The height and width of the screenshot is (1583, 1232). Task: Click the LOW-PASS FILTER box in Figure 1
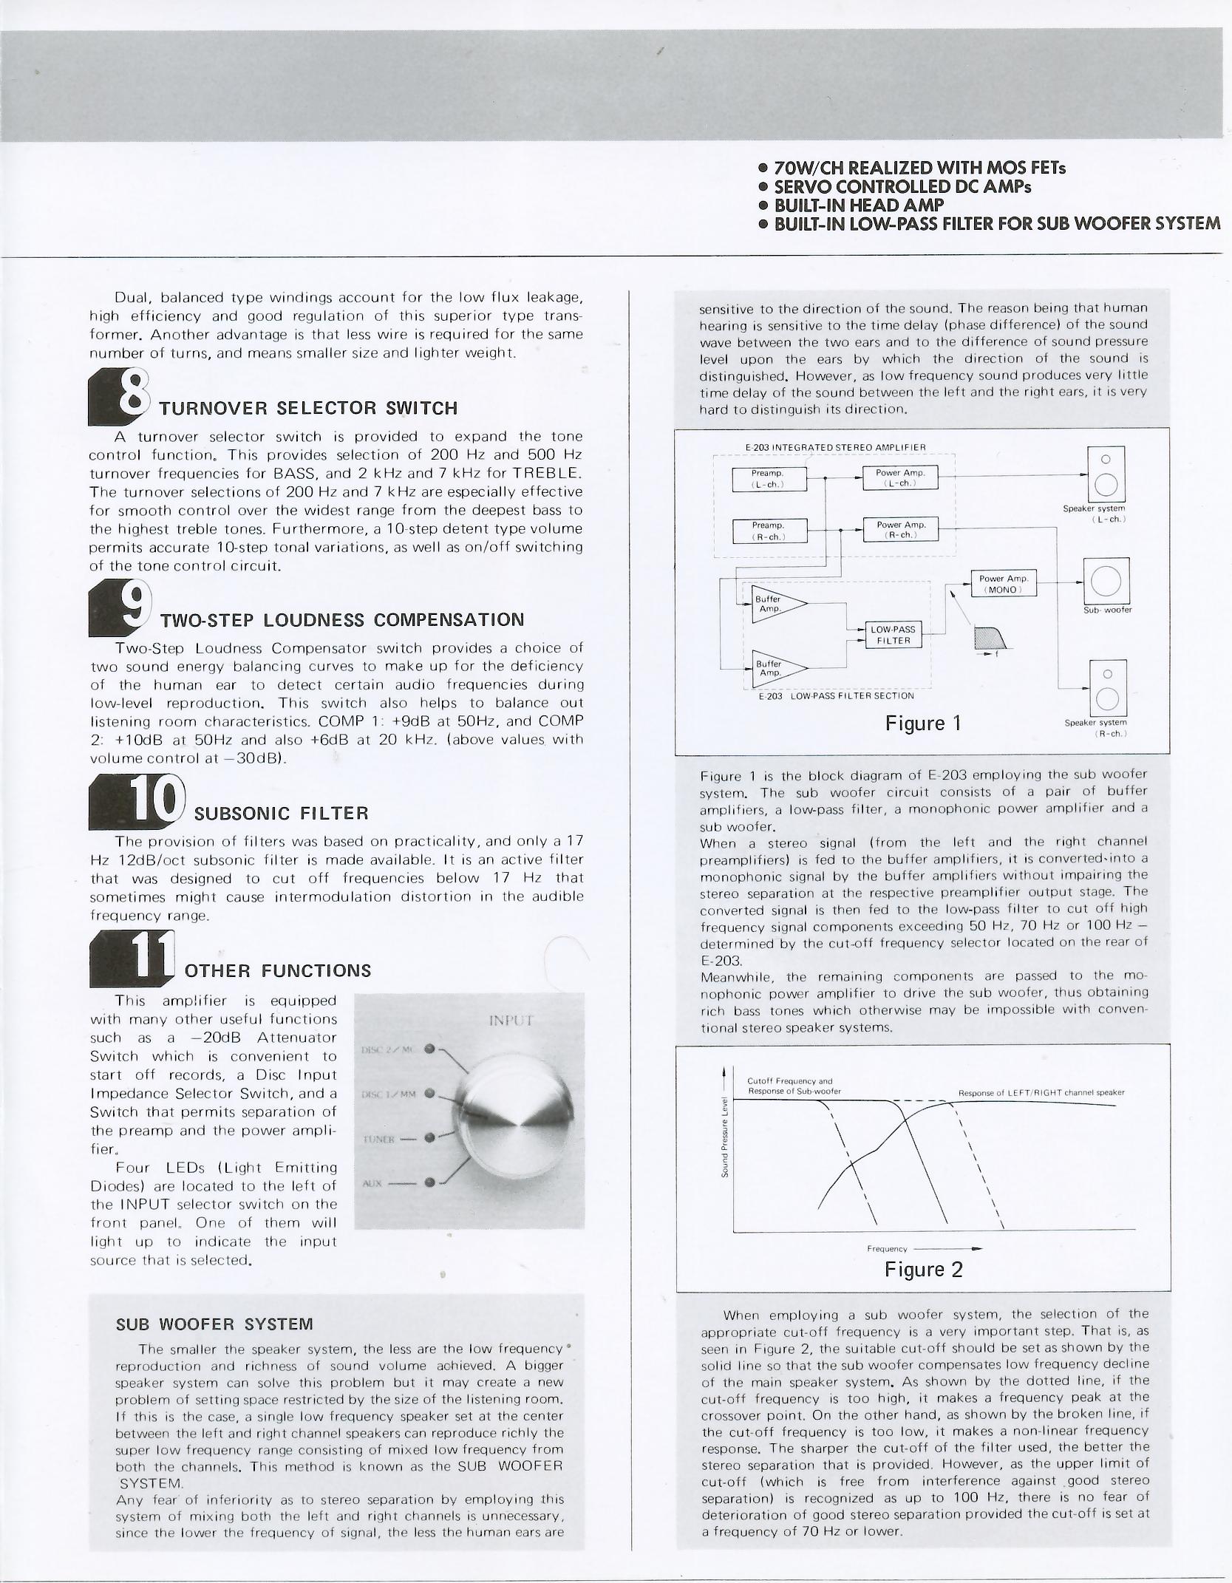tap(894, 635)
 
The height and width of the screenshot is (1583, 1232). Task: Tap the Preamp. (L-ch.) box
tap(769, 479)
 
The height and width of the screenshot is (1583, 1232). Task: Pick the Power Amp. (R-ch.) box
tap(900, 529)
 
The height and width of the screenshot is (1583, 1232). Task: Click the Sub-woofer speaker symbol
tap(1106, 581)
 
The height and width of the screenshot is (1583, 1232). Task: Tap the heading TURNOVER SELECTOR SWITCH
tap(309, 409)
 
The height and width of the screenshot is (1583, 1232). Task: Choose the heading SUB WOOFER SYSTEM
tap(214, 1324)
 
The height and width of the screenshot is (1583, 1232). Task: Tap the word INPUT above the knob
tap(511, 1021)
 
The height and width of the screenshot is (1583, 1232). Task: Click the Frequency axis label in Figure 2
tap(887, 1248)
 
